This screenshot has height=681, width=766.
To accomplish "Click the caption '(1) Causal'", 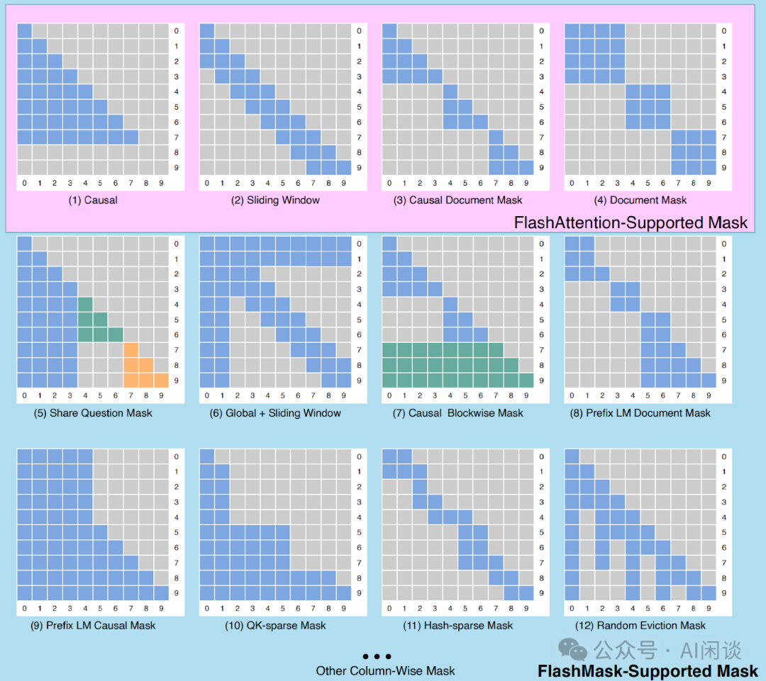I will pos(93,200).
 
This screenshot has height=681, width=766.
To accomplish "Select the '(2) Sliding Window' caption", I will pos(275,200).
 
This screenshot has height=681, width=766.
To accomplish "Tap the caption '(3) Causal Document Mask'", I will pos(458,200).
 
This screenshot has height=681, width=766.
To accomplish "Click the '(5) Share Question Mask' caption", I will pos(93,412).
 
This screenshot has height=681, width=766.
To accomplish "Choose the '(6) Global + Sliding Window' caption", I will pos(275,412).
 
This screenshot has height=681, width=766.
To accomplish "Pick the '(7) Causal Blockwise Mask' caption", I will pos(458,412).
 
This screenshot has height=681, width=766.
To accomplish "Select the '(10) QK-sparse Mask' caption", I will pos(275,625).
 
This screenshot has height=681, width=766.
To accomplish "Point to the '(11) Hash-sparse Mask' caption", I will pos(458,625).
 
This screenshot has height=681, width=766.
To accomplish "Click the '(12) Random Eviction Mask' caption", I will pos(640,625).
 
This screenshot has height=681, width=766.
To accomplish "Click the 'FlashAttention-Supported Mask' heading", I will pos(631,223).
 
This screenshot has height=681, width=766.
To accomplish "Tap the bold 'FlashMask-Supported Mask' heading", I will pos(648,670).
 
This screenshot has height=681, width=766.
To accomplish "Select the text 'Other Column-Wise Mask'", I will pos(386,670).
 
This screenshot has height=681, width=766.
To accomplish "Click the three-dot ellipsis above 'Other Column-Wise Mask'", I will pos(377,657).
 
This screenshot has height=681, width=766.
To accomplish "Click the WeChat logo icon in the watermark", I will pos(572,649).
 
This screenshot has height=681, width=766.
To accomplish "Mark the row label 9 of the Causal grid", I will pos(177,168).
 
